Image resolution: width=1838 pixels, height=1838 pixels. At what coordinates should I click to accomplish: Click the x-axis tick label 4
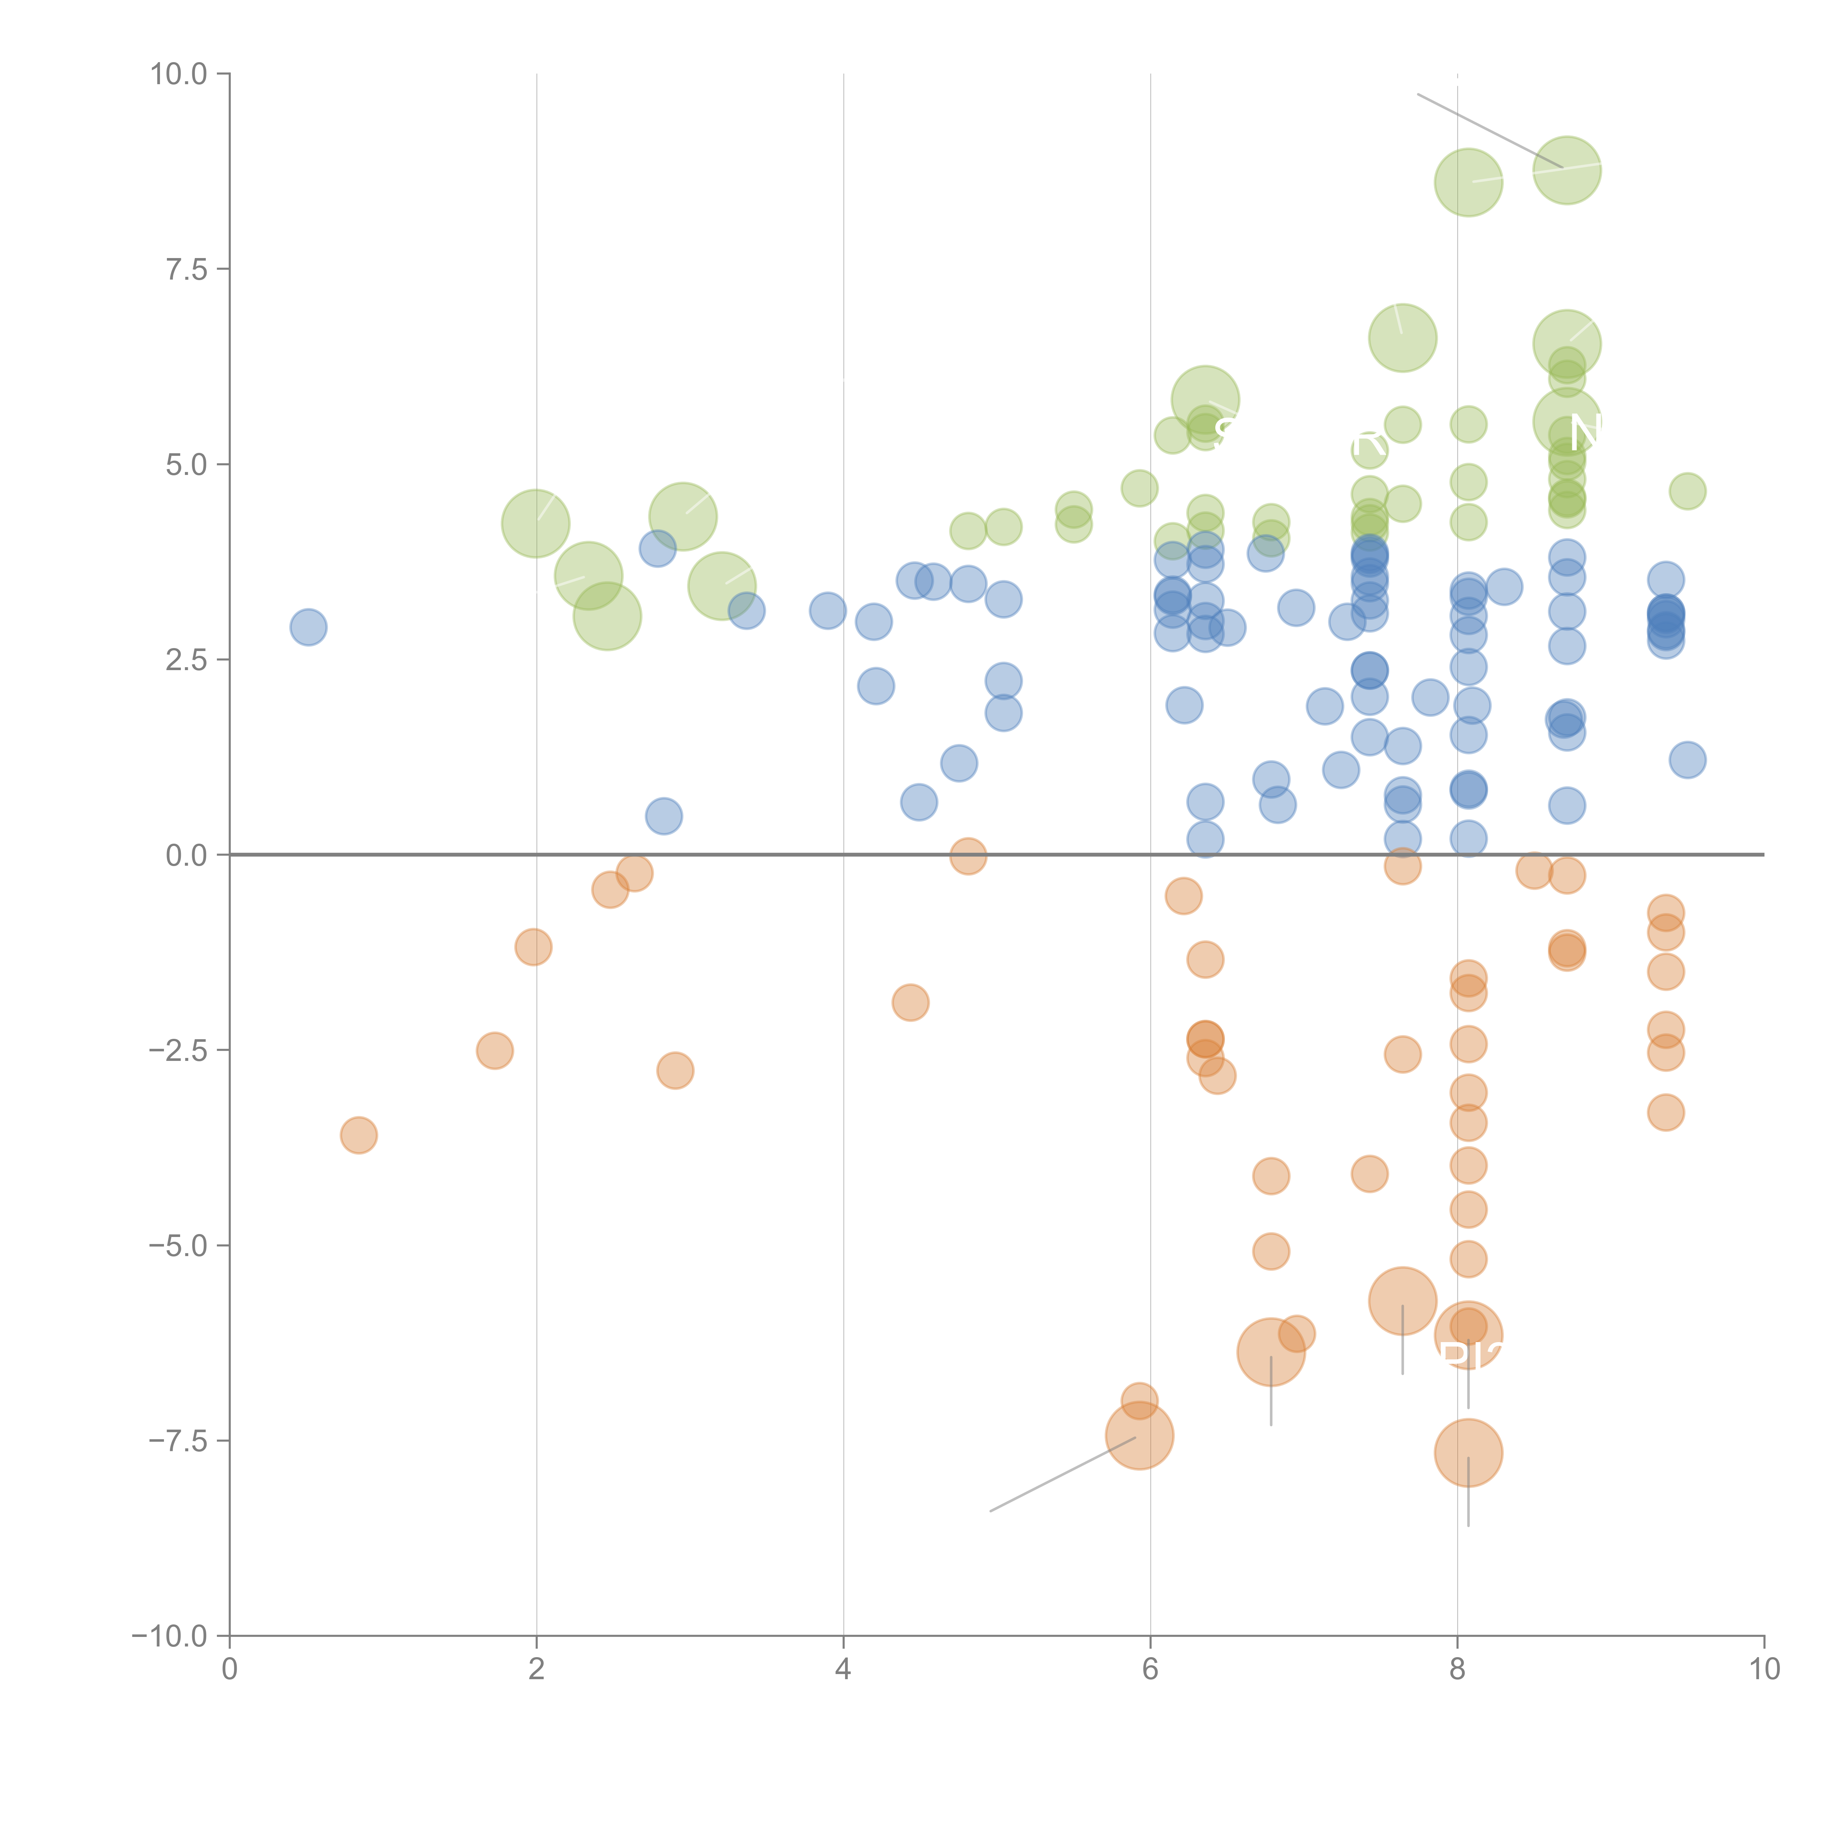[x=843, y=1670]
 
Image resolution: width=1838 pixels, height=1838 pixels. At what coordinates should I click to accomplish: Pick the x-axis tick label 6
[x=1150, y=1670]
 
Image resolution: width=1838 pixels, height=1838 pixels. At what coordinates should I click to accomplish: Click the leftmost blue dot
[x=308, y=627]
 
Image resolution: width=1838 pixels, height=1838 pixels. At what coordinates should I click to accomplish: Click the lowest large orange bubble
[x=1468, y=1453]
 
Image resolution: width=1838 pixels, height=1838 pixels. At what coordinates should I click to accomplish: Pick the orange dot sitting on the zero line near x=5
[x=968, y=856]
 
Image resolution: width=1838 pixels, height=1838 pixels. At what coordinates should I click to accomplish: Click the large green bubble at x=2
[x=536, y=523]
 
